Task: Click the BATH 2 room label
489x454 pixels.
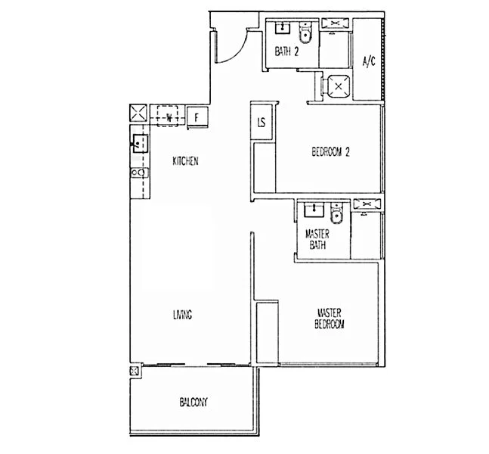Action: coord(285,51)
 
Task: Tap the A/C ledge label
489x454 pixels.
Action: coord(369,61)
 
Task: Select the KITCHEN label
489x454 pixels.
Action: coord(185,161)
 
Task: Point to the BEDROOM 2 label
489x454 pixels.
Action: coord(331,151)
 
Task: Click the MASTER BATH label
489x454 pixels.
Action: coord(316,240)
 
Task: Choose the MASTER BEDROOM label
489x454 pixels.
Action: coord(330,318)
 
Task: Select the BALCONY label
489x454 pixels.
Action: coord(193,402)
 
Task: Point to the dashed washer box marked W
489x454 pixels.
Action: coord(169,116)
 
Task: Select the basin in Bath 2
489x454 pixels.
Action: coord(282,29)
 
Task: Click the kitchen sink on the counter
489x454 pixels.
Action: coord(139,142)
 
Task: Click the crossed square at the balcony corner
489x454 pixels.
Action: coord(135,372)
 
